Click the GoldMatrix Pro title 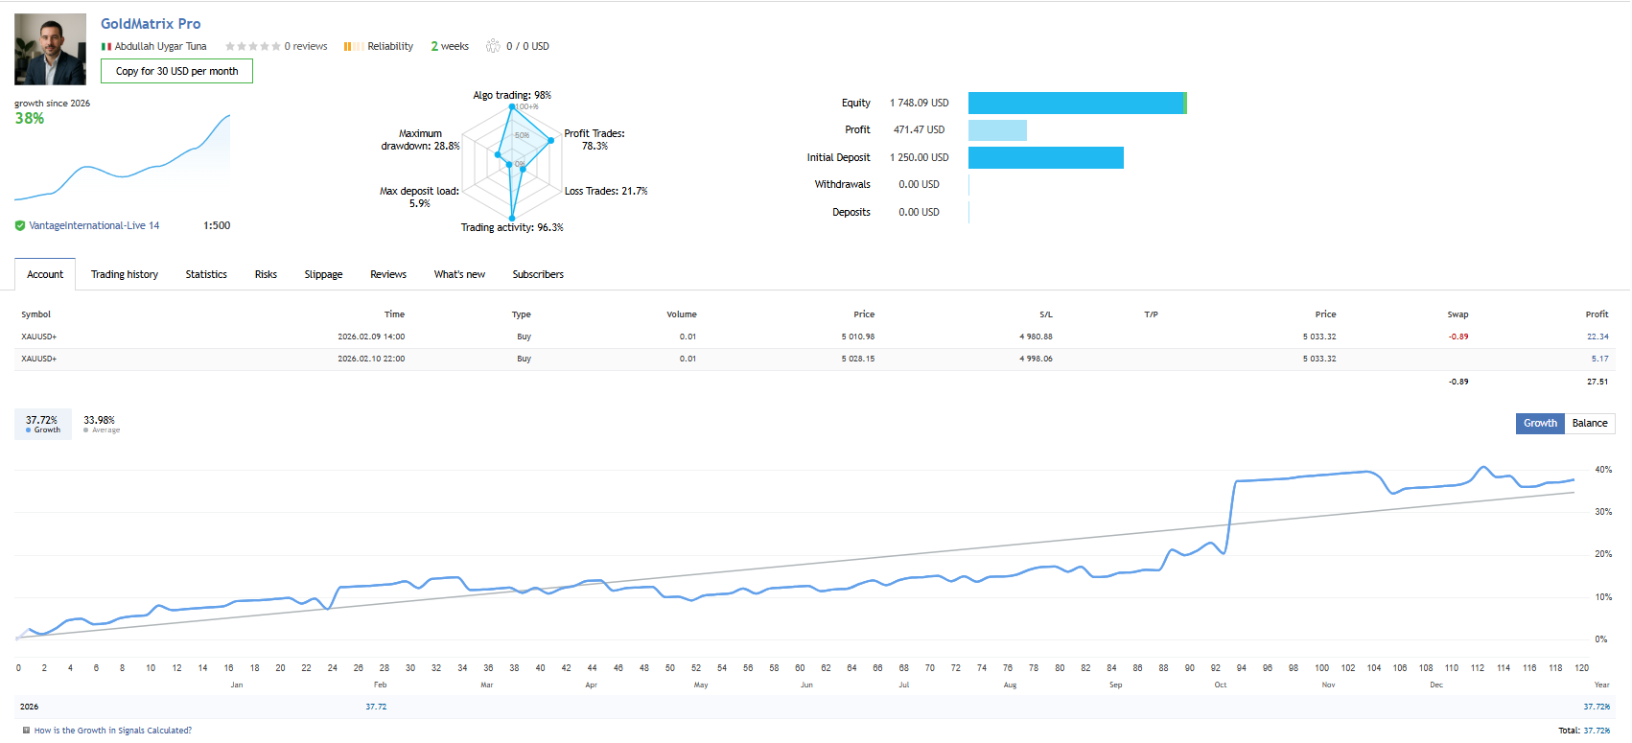pos(151,24)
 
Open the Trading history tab pos(125,274)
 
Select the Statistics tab pos(206,274)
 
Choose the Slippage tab pos(323,274)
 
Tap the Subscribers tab pos(538,274)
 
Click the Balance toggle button pos(1589,423)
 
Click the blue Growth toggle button pos(1540,423)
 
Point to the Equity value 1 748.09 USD pos(919,103)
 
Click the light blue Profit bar pos(997,130)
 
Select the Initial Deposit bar pos(1045,157)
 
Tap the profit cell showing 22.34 pos(1597,337)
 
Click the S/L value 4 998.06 pos(1036,359)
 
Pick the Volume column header pos(682,314)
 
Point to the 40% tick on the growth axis pos(1603,470)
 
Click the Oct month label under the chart pos(1220,685)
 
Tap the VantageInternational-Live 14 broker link pos(94,226)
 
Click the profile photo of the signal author pos(50,49)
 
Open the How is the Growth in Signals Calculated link pos(112,731)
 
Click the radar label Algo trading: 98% pos(512,95)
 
